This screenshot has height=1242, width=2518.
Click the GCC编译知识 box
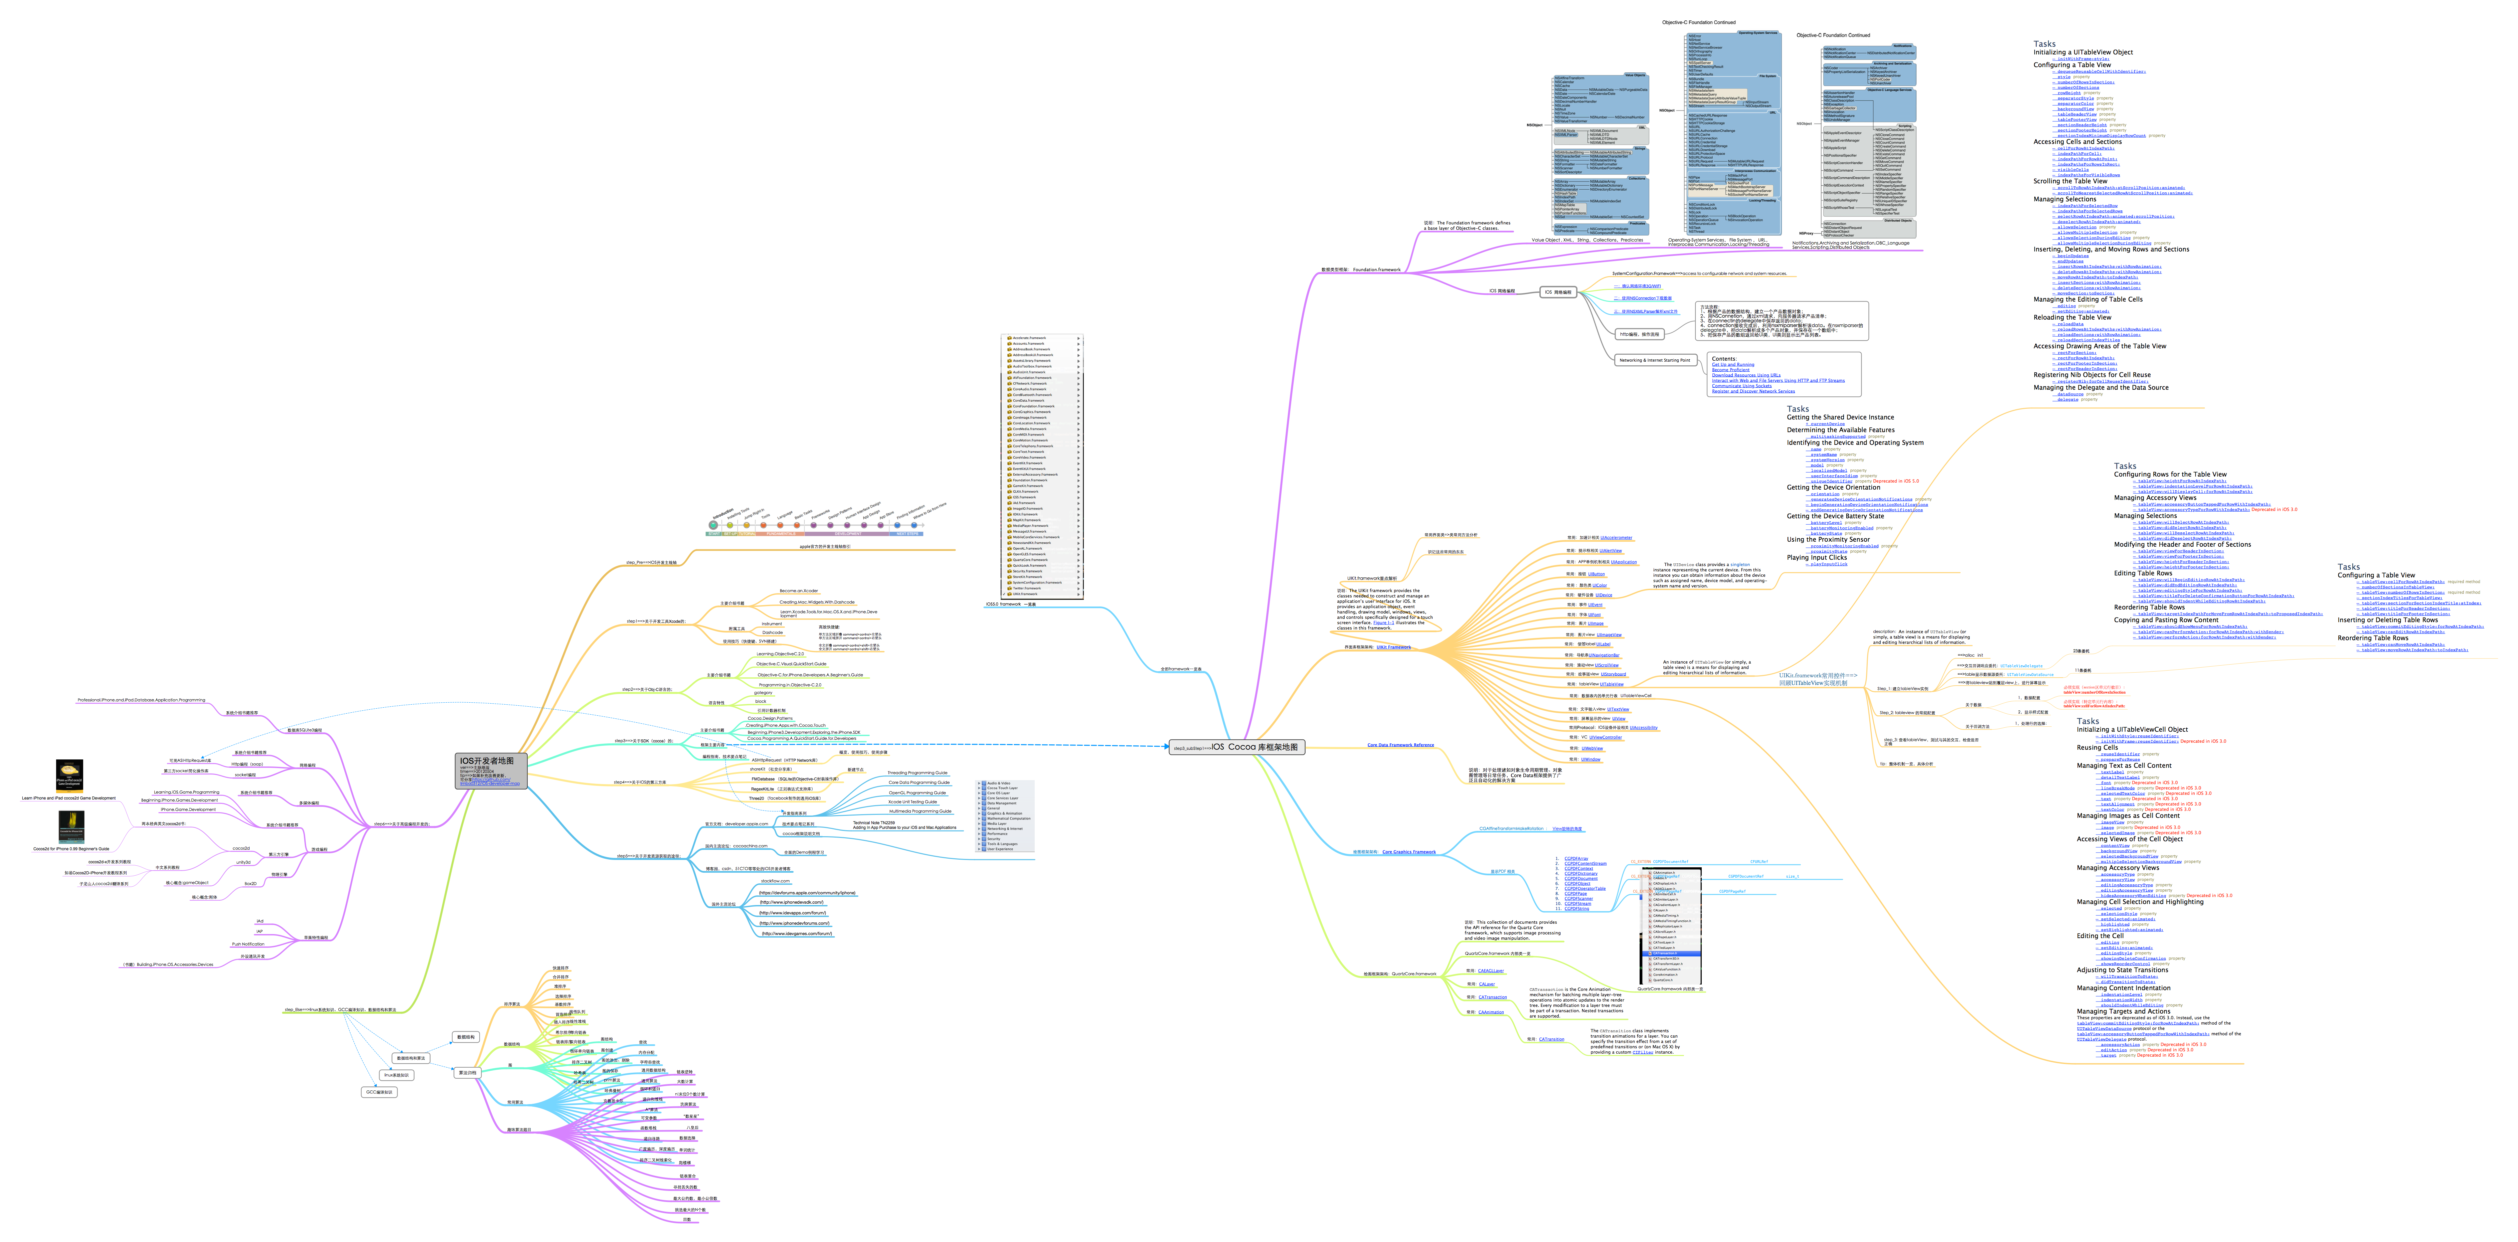pos(379,1091)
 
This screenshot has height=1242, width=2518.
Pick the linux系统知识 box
pos(397,1075)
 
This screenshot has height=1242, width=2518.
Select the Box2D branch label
pos(250,883)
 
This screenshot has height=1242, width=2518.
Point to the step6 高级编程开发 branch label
pos(401,824)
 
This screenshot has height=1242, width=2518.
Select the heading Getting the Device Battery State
pos(1835,516)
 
